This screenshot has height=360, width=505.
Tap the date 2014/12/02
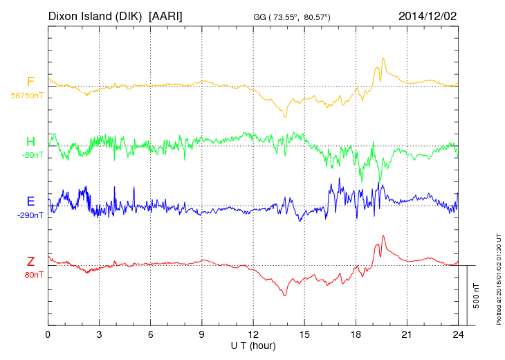(x=428, y=15)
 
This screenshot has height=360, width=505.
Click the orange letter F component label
(x=30, y=82)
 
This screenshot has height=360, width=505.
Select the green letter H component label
(x=30, y=142)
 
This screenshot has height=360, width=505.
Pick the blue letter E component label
(x=30, y=201)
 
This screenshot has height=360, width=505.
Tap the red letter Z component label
(x=30, y=261)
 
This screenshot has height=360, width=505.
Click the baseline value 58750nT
(x=26, y=95)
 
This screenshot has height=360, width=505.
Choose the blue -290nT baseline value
(x=30, y=215)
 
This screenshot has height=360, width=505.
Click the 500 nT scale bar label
(x=477, y=296)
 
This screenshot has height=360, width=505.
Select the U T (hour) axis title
(x=253, y=345)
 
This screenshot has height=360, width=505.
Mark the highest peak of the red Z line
(x=383, y=236)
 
